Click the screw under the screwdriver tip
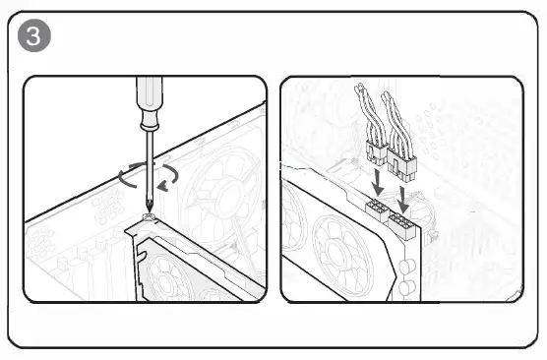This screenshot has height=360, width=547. tap(149, 214)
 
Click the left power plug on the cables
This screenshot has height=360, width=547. tap(376, 152)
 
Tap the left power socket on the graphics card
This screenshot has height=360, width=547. tap(377, 210)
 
